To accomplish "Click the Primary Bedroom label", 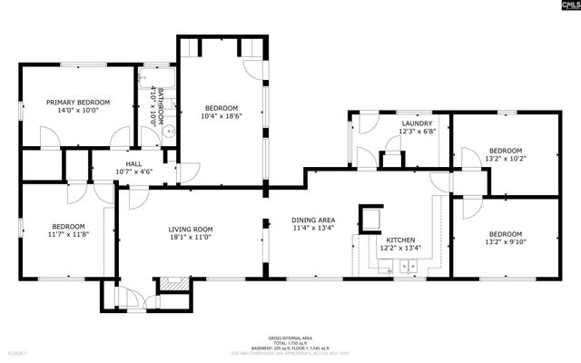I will point(78,103).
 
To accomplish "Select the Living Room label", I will point(191,229).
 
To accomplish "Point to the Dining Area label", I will point(313,221).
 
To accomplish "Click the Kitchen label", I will point(399,239).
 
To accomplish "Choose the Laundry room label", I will point(417,123).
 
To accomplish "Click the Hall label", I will point(133,163).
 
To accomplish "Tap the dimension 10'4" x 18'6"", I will point(221,116).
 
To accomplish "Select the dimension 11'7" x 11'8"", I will point(68,234).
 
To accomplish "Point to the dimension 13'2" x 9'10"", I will point(506,241).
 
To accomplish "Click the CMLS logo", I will point(562,8).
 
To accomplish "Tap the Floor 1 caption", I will point(17,351).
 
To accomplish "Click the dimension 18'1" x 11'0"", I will point(191,238).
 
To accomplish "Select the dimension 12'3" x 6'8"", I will point(417,132).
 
